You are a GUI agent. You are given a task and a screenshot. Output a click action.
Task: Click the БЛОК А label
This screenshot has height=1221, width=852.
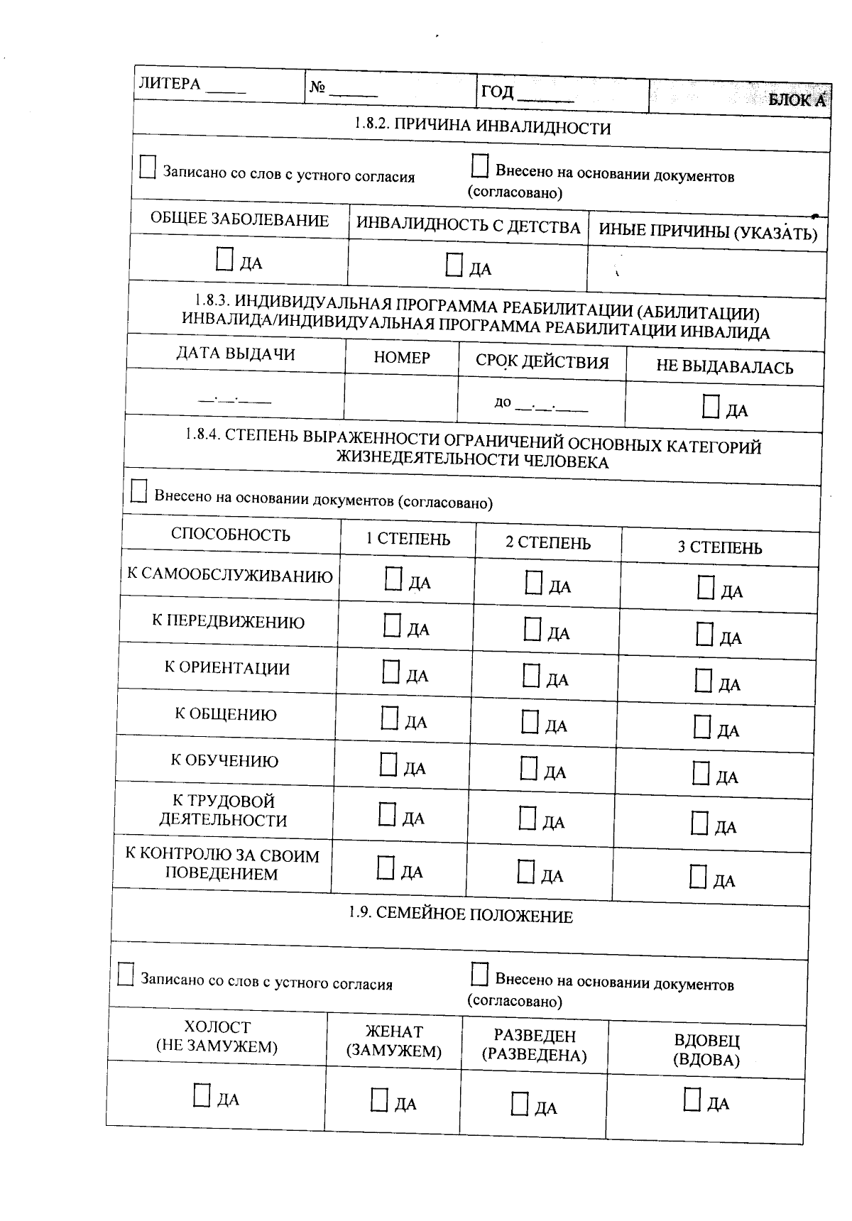pos(797,100)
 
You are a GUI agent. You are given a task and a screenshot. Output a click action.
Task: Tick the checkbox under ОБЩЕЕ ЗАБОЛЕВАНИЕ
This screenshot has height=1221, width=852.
pos(224,260)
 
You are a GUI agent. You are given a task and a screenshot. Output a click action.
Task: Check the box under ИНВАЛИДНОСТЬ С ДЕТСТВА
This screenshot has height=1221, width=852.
pos(454,265)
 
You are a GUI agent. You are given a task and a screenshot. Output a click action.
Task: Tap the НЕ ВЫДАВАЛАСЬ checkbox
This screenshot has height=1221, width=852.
pos(710,407)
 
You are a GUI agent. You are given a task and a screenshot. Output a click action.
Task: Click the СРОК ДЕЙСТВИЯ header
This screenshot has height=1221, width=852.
pos(542,362)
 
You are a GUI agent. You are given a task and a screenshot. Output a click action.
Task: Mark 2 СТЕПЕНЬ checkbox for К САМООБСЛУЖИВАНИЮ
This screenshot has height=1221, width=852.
pos(533,583)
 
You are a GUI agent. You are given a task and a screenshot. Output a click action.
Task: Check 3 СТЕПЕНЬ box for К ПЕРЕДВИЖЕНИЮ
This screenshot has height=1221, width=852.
pos(704,634)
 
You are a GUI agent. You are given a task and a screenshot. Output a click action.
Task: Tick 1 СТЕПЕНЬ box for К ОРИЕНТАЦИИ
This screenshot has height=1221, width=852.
pos(390,672)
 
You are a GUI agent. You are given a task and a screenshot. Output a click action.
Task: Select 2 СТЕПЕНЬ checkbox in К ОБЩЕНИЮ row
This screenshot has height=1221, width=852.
pos(530,722)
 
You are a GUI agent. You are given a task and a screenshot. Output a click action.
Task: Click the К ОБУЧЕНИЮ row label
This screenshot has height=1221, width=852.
pos(224,761)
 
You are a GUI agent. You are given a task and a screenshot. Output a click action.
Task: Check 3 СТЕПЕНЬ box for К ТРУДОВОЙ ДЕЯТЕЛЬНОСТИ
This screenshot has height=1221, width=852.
pos(700,823)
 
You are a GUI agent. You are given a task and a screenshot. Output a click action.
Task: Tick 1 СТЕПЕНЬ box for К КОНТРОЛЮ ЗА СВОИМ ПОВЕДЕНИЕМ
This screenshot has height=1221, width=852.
pos(386,867)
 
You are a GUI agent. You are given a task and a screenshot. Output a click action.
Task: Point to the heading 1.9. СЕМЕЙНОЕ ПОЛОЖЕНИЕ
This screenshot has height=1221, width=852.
pos(460,915)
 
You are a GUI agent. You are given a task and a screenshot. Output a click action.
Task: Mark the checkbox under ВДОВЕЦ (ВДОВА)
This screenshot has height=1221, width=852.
pos(692,1099)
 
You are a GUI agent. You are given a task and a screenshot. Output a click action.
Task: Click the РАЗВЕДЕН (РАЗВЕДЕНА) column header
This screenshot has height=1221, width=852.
pos(534,1045)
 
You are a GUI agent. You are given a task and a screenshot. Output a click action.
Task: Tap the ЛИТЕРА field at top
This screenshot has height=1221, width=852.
pos(227,87)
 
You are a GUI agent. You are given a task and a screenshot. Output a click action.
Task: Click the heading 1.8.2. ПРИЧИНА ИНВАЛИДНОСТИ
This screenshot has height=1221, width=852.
pos(482,127)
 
